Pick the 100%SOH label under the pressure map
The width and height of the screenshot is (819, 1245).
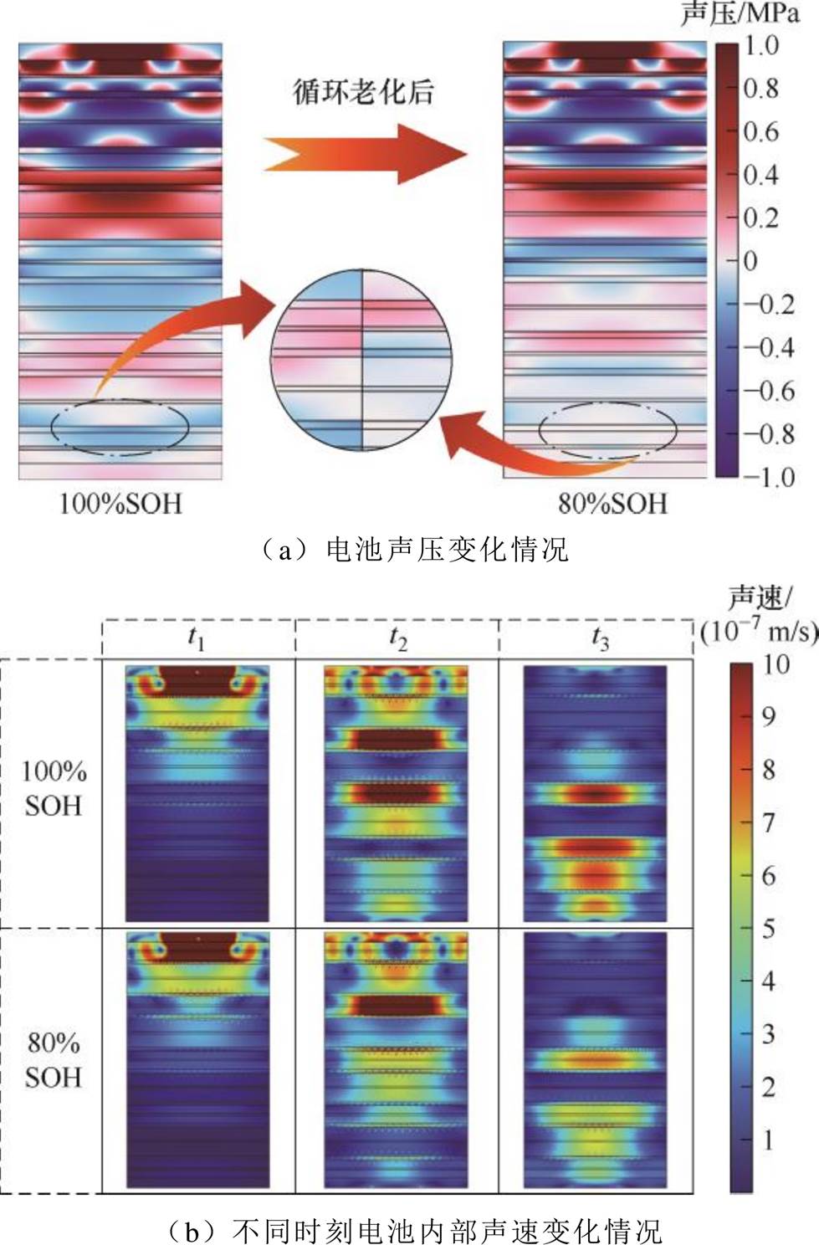[x=120, y=503]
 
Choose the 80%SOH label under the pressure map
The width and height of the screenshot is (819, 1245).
[x=613, y=503]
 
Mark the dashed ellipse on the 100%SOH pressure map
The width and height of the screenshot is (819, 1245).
[x=120, y=427]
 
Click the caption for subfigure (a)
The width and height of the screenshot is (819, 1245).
[x=410, y=549]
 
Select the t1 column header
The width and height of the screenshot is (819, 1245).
[x=197, y=638]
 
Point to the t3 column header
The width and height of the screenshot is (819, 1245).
[x=600, y=638]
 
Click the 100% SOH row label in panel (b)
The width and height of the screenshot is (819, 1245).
[x=54, y=788]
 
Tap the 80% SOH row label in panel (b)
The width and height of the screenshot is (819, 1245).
[x=54, y=1059]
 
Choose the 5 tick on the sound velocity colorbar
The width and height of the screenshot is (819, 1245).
[x=768, y=928]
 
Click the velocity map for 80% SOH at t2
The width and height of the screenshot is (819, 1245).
[x=397, y=1059]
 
